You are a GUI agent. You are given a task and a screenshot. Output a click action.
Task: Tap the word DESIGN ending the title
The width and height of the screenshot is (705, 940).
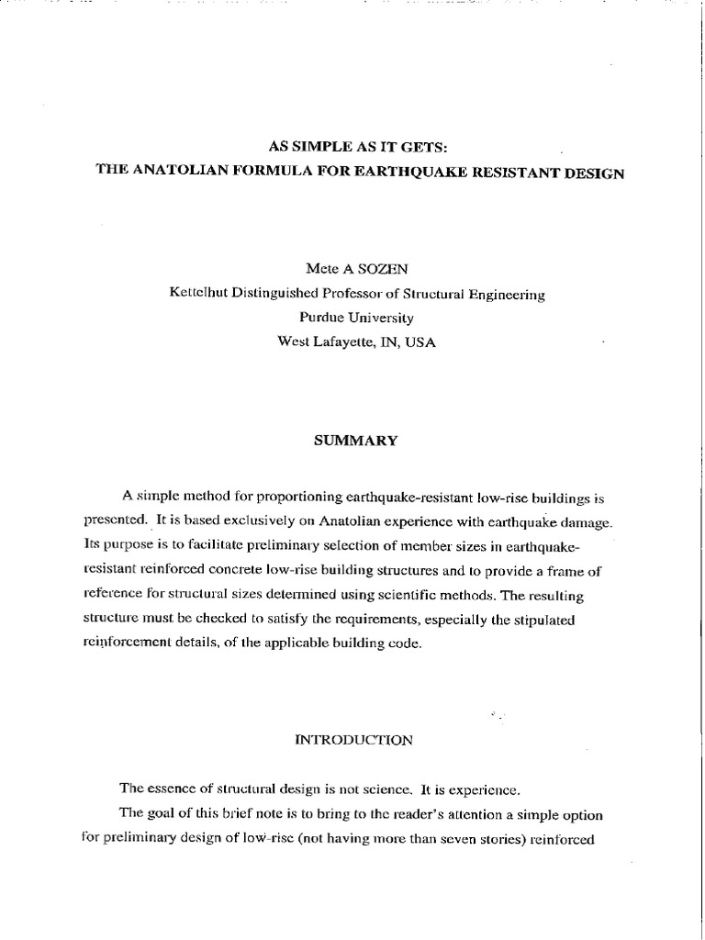tap(591, 173)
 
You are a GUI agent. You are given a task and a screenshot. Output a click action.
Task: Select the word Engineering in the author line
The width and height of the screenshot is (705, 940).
tap(509, 295)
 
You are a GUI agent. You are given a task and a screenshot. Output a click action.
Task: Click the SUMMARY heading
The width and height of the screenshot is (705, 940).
tap(356, 441)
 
